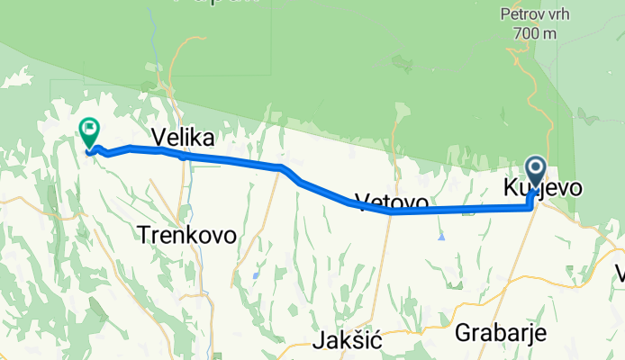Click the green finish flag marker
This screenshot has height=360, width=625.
[90, 132]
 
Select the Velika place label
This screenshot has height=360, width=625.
[183, 137]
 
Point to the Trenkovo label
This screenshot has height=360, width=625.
[187, 235]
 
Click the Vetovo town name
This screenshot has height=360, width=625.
[390, 202]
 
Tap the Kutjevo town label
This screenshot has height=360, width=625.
[541, 188]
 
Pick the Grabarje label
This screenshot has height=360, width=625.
[502, 332]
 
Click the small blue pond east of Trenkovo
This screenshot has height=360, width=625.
[257, 274]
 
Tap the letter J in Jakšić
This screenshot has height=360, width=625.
[320, 342]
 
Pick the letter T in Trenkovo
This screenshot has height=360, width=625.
[144, 235]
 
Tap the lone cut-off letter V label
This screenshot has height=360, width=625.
[620, 273]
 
